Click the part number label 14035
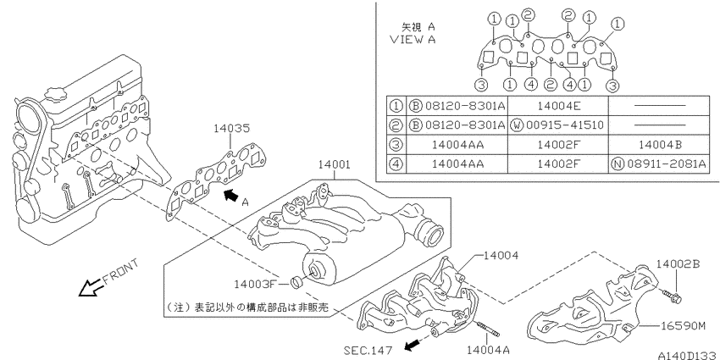(232, 128)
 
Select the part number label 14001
(335, 164)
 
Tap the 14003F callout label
(254, 285)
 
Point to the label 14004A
(487, 351)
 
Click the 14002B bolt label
(678, 263)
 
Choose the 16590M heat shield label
(683, 326)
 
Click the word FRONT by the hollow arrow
(119, 272)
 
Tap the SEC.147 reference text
(368, 351)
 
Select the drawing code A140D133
(689, 356)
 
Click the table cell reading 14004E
(558, 106)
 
